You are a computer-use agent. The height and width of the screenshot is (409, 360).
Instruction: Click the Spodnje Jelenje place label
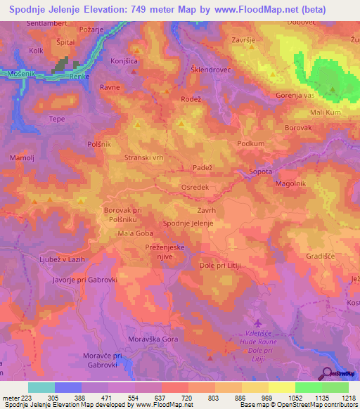[188, 223]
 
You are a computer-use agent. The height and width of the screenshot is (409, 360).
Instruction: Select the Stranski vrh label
[143, 158]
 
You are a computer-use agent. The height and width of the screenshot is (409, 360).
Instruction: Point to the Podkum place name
[250, 143]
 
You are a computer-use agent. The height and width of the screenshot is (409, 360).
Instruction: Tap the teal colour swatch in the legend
[41, 387]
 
